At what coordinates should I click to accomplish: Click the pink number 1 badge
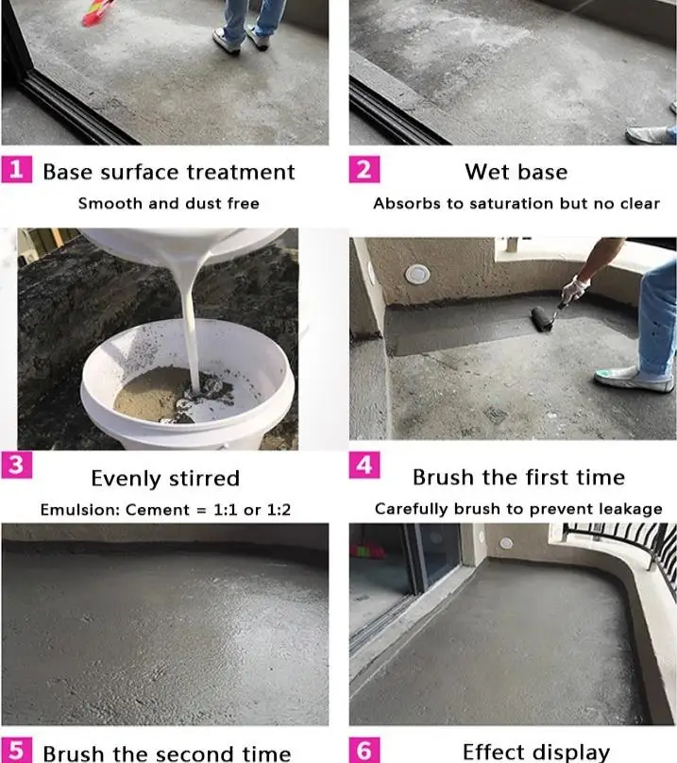(x=17, y=169)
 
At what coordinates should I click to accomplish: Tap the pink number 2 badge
(x=364, y=169)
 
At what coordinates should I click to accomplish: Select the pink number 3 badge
(x=17, y=466)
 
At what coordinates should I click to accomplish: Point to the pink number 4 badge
(x=364, y=466)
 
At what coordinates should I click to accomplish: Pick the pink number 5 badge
(x=17, y=750)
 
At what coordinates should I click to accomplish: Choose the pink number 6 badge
(x=364, y=750)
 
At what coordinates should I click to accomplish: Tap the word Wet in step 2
(x=484, y=172)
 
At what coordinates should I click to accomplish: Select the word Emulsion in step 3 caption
(x=80, y=510)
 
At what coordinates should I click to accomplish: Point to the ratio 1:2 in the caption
(x=279, y=510)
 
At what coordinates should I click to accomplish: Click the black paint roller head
(x=542, y=319)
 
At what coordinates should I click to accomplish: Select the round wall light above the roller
(x=417, y=274)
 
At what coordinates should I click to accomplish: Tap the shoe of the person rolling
(x=632, y=379)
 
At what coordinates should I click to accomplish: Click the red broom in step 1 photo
(x=97, y=13)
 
